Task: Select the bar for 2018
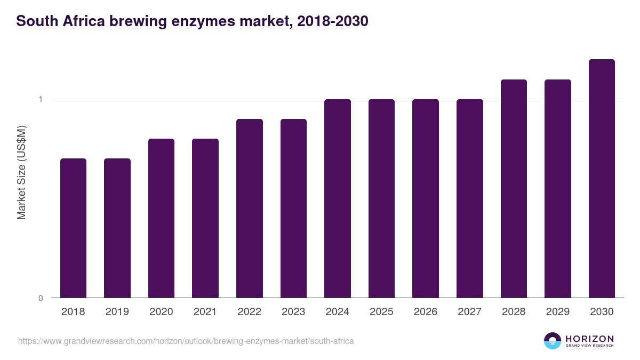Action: tap(73, 228)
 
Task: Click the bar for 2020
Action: tap(161, 218)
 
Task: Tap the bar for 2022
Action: tap(250, 209)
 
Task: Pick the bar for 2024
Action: tap(338, 198)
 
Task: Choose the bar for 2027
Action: tap(470, 198)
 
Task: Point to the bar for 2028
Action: tap(514, 189)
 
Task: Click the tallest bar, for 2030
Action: tap(602, 179)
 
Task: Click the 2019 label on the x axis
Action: tap(117, 312)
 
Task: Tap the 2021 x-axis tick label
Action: tap(205, 312)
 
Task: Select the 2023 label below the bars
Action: tap(293, 312)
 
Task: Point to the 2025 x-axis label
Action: tap(381, 312)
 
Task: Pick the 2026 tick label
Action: tap(426, 312)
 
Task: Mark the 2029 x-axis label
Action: tap(558, 312)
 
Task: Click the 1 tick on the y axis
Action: tap(41, 99)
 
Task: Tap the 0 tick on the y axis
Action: tap(41, 298)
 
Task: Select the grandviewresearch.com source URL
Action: tap(186, 341)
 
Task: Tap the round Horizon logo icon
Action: tap(553, 341)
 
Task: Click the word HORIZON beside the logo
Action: tap(589, 339)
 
